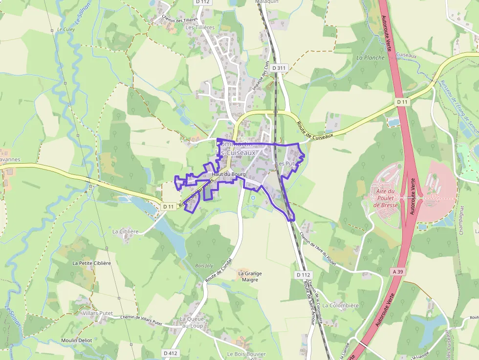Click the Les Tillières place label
[200, 27]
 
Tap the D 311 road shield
[279, 68]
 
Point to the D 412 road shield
[171, 353]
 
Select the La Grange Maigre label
[250, 276]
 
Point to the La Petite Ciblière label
[92, 263]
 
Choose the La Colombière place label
[341, 305]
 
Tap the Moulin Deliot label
[77, 340]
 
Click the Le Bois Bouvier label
[246, 354]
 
